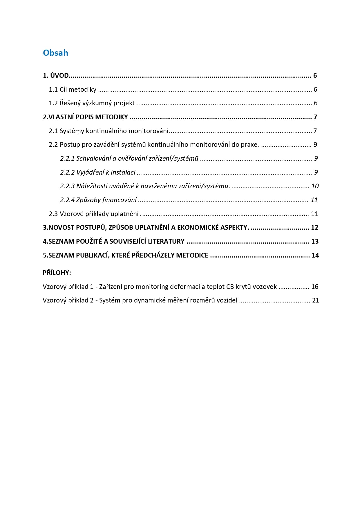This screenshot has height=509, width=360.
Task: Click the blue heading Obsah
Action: pos(55,53)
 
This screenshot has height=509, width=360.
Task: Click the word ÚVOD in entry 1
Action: pos(59,76)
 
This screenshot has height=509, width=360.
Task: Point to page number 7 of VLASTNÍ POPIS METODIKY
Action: pos(315,117)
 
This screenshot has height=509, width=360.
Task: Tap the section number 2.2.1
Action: pos(67,158)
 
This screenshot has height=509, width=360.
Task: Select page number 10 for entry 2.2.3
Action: pos(315,186)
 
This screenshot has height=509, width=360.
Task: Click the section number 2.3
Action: pos(53,214)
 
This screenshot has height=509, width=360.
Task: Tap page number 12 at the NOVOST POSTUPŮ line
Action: pos(314,227)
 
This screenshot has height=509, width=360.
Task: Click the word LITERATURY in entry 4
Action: pos(166,241)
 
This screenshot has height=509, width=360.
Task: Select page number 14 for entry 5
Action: pos(315,255)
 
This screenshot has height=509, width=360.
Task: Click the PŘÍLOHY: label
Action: pos(57,273)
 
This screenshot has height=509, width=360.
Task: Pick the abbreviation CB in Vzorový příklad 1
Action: pos(230,287)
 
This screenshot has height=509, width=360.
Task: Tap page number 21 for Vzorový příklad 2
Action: pos(315,300)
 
